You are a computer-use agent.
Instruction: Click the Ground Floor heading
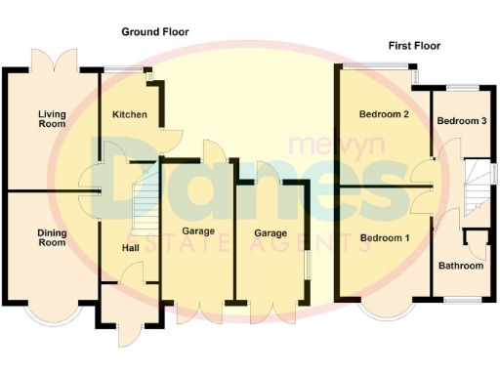154,32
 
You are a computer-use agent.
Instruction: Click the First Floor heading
414,46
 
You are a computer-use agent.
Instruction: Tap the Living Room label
52,119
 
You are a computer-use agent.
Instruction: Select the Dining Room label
52,237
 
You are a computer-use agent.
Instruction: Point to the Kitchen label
130,115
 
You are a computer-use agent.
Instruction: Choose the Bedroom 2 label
383,115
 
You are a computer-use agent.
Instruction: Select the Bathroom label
461,266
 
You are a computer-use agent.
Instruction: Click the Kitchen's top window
123,67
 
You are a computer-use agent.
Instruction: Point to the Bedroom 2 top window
376,65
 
